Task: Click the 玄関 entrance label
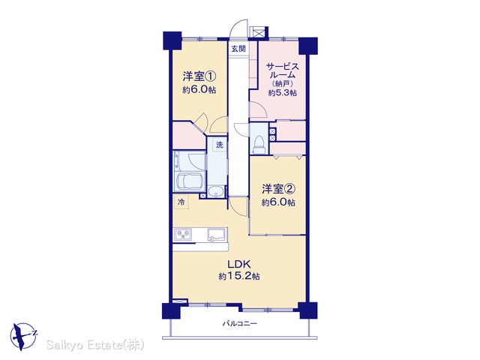(x=238, y=48)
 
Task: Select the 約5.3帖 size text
(x=282, y=93)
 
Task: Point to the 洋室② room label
(x=278, y=189)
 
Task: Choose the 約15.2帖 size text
(x=239, y=277)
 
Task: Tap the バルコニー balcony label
(x=240, y=323)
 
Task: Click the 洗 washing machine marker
(x=220, y=145)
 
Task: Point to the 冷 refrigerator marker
(x=181, y=202)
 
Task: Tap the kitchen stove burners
(x=183, y=235)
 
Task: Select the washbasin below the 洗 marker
(x=216, y=192)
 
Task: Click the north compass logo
(x=23, y=336)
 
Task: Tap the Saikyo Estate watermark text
(x=95, y=345)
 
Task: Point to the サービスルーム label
(x=282, y=70)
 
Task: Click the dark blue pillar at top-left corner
(x=172, y=40)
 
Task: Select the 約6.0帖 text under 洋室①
(x=199, y=90)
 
